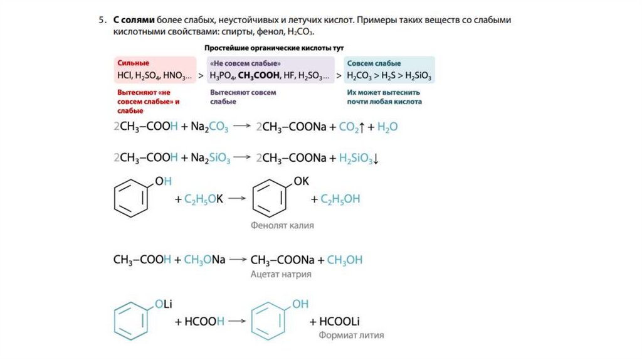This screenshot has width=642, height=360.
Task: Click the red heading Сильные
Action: (132, 63)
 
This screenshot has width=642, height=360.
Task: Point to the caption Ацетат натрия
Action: (281, 274)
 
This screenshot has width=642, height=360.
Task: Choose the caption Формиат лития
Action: (351, 335)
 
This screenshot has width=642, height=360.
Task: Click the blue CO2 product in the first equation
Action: (350, 127)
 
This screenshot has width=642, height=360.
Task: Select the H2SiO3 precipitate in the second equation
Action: (357, 159)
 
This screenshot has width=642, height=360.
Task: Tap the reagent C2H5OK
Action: (204, 199)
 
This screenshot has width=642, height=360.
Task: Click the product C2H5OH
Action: (340, 199)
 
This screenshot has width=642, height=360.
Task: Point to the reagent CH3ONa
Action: (204, 260)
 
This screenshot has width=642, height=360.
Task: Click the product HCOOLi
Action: (340, 321)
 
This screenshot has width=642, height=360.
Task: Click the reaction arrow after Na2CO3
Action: (242, 127)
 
